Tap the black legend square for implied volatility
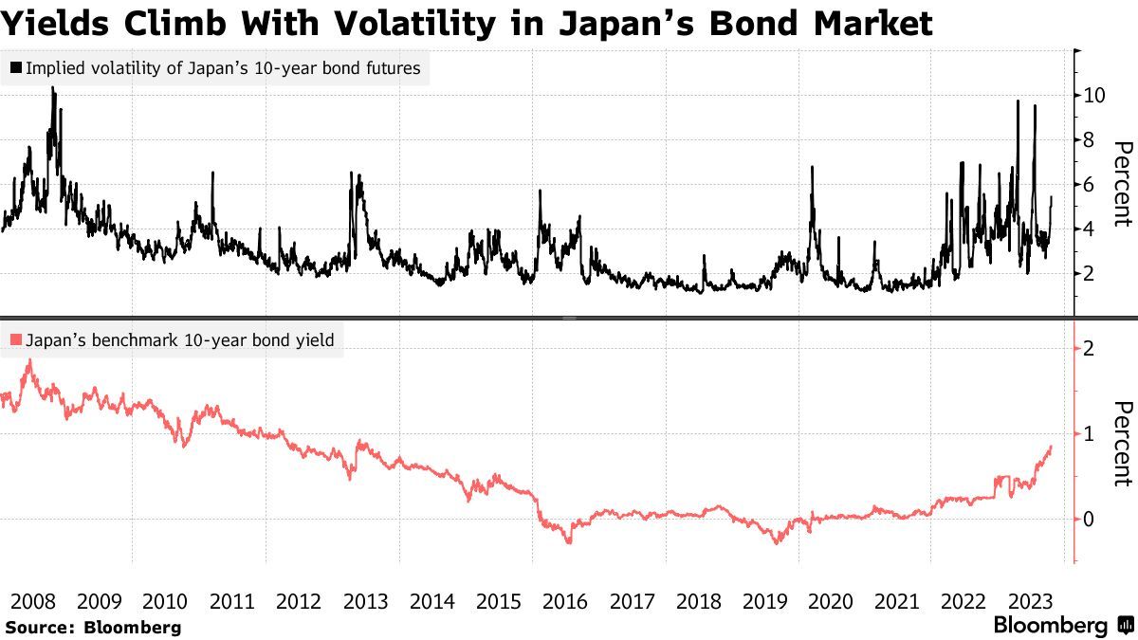click(16, 68)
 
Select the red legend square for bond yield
click(16, 339)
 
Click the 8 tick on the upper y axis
click(1085, 139)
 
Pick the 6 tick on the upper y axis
click(1085, 184)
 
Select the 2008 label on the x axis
click(30, 601)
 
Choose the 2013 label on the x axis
click(365, 601)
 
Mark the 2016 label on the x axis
click(565, 601)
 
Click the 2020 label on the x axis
click(832, 601)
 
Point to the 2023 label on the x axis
click(1032, 601)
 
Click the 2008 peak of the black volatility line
click(53, 88)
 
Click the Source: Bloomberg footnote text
click(93, 627)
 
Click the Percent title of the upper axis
click(1123, 184)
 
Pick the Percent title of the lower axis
click(1123, 444)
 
